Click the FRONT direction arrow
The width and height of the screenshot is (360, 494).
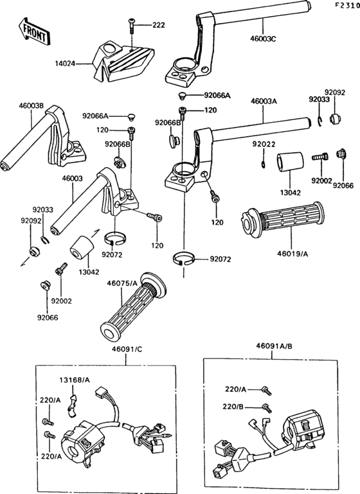pyautogui.click(x=33, y=33)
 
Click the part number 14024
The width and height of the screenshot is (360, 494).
pyautogui.click(x=65, y=64)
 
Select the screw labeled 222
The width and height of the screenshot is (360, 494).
pyautogui.click(x=131, y=25)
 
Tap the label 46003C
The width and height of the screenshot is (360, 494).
pyautogui.click(x=263, y=39)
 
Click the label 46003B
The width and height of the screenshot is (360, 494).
pyautogui.click(x=31, y=105)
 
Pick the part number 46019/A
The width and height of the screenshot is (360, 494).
pyautogui.click(x=292, y=253)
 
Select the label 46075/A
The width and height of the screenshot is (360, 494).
pyautogui.click(x=122, y=283)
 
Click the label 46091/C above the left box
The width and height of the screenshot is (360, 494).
pyautogui.click(x=127, y=349)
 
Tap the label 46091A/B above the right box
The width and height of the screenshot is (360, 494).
pyautogui.click(x=274, y=346)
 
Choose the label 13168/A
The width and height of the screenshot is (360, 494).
pyautogui.click(x=75, y=380)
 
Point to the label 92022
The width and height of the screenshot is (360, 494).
pyautogui.click(x=264, y=145)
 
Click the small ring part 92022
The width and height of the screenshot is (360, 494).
pyautogui.click(x=264, y=164)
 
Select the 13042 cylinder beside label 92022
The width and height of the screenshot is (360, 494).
pyautogui.click(x=289, y=163)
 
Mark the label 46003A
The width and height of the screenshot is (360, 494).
pyautogui.click(x=264, y=101)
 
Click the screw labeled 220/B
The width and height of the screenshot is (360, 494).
pyautogui.click(x=267, y=408)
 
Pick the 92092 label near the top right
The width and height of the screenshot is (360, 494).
pyautogui.click(x=335, y=93)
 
